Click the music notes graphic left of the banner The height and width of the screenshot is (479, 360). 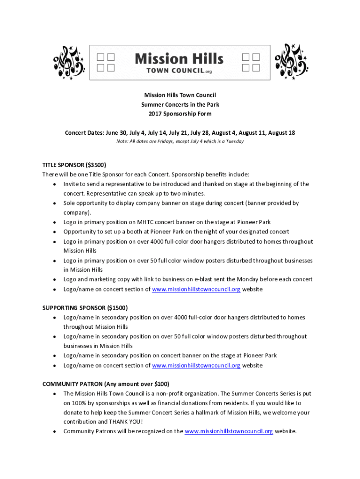(69, 62)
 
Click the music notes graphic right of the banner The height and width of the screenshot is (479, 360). (291, 62)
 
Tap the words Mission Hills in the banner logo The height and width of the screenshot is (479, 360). (179, 59)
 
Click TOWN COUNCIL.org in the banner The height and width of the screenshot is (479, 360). (179, 71)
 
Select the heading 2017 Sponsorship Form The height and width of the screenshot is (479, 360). (180, 114)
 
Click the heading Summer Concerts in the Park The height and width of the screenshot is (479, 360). (180, 104)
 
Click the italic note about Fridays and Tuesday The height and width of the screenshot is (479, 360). (180, 141)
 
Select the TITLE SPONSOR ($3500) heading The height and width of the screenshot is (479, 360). (74, 165)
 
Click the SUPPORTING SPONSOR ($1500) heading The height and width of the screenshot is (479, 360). (85, 308)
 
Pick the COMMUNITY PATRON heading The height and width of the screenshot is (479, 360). (106, 384)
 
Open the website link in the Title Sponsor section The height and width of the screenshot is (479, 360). (196, 289)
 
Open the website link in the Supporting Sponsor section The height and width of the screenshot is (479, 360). (196, 365)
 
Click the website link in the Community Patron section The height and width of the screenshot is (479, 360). (229, 431)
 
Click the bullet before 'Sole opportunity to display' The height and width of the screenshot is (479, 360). (55, 203)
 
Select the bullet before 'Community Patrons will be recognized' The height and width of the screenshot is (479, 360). (55, 431)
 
